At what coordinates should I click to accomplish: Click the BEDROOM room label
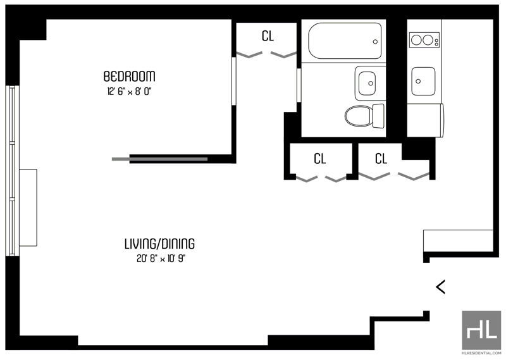129,76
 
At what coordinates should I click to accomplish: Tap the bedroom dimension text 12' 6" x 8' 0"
129,92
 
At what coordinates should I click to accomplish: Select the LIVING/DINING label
160,244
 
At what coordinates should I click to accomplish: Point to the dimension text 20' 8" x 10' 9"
161,259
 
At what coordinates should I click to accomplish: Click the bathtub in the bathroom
345,40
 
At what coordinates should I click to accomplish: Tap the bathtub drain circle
375,42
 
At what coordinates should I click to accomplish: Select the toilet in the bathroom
365,116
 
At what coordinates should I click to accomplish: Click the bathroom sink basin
367,84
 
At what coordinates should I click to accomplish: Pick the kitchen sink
423,81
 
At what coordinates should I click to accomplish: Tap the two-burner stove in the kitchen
424,40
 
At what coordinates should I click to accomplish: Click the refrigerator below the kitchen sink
425,120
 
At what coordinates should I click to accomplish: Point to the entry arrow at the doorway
440,287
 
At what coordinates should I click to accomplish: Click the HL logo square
481,330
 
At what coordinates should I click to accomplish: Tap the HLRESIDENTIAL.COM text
481,353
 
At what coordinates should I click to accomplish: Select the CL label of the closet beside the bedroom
268,36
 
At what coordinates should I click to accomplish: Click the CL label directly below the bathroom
320,159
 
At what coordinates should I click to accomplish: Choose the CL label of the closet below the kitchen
381,159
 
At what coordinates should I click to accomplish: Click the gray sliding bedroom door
160,159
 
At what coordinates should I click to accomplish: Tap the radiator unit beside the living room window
28,208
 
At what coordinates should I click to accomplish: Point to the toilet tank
378,116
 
